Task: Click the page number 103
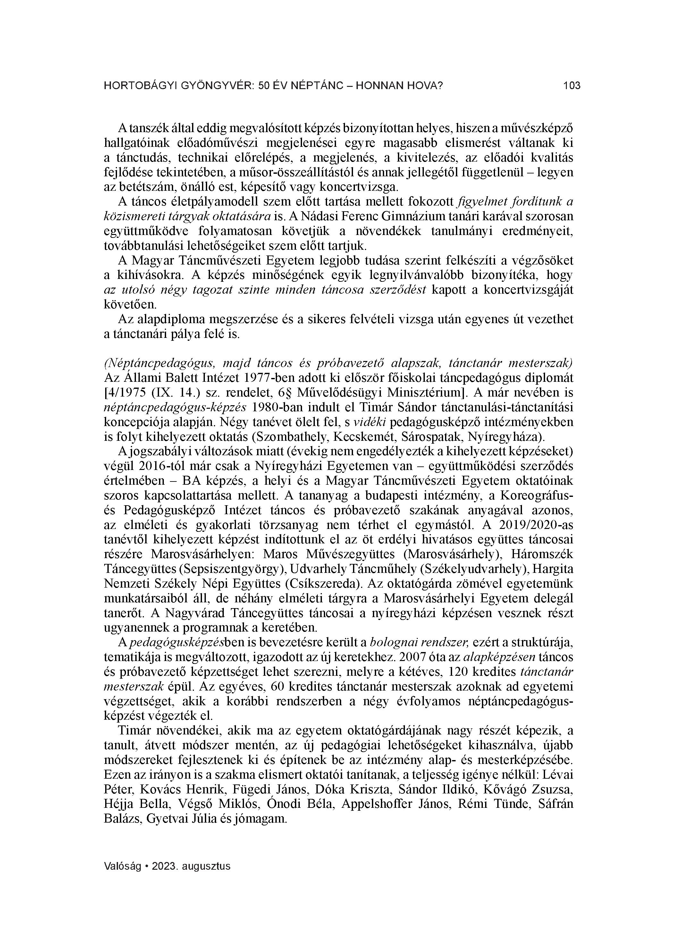[x=572, y=86]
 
